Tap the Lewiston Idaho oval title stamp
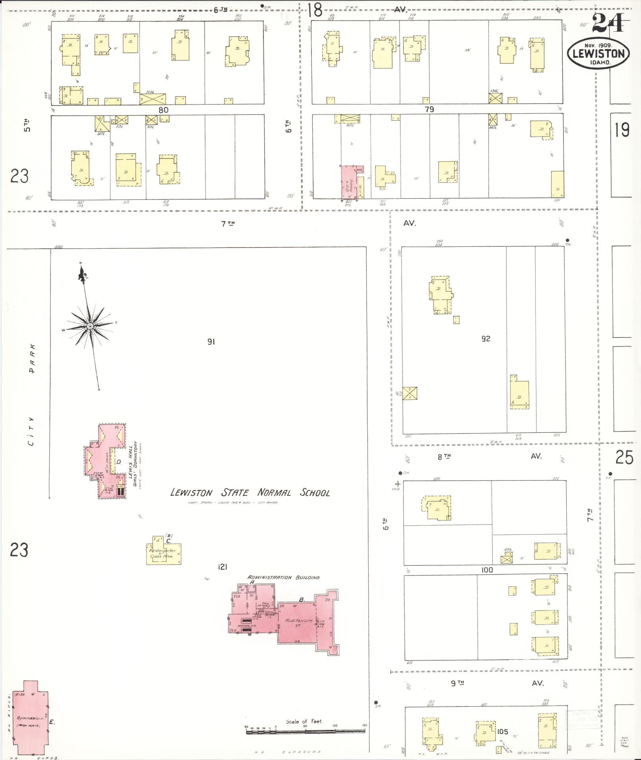[598, 54]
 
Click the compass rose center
[90, 326]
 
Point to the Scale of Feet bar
[305, 729]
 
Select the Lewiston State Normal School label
[250, 493]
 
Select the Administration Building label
[283, 577]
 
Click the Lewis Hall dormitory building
[106, 461]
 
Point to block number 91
[211, 341]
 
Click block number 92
[486, 338]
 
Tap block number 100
[487, 570]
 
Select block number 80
[163, 110]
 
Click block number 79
[429, 109]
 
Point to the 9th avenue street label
[457, 683]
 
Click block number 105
[502, 731]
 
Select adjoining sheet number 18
[315, 10]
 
